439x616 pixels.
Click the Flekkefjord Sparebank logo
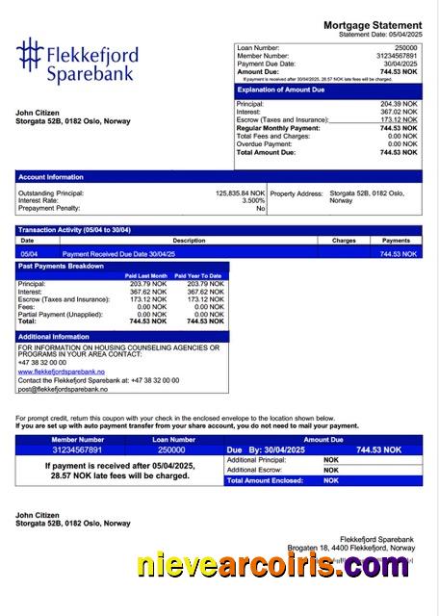[77, 61]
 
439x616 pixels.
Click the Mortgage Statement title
[372, 25]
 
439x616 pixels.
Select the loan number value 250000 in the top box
[406, 47]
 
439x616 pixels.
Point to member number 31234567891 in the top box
[397, 56]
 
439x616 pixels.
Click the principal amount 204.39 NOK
[399, 104]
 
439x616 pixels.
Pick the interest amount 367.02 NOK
[399, 112]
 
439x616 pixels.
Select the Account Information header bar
[51, 177]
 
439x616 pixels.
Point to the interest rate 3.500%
[253, 201]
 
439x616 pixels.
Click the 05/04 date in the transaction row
[28, 254]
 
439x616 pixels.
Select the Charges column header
[344, 241]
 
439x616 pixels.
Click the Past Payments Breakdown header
[64, 266]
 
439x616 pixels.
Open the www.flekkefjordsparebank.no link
[61, 371]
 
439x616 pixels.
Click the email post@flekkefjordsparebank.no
[63, 389]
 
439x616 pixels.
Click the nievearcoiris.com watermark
[271, 568]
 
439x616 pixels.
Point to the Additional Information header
[55, 337]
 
